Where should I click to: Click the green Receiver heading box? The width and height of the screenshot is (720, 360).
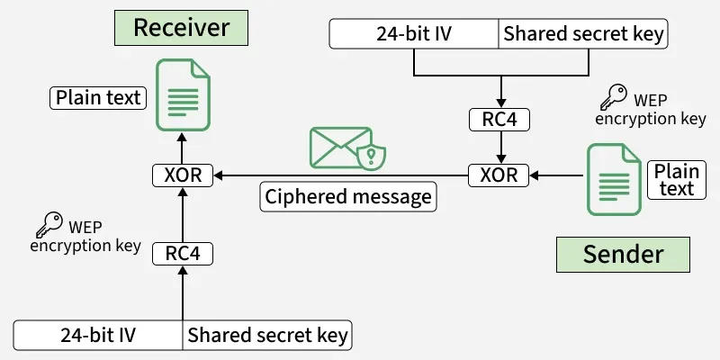tap(181, 27)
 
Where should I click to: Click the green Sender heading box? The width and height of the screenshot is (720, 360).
tap(623, 255)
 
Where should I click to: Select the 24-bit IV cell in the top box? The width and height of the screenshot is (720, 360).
tap(414, 35)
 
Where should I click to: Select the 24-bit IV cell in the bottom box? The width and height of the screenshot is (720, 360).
tap(98, 336)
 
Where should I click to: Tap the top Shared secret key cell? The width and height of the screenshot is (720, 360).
tap(584, 35)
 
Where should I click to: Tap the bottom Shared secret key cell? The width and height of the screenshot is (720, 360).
tap(267, 336)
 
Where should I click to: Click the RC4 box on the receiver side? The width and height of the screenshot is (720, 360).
tap(183, 254)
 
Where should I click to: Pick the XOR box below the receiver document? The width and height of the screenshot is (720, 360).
tap(183, 174)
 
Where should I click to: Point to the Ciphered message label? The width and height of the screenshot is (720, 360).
tap(348, 197)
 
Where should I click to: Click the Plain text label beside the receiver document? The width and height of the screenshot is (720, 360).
tap(99, 97)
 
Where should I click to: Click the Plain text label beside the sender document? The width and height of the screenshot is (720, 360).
tap(676, 180)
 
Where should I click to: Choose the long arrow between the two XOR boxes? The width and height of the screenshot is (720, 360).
tap(341, 174)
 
